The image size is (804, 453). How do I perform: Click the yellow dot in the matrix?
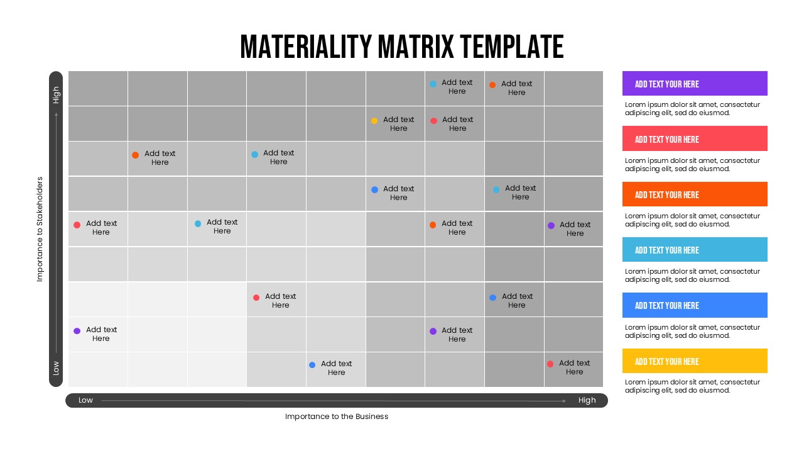(374, 121)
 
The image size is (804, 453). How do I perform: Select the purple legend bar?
(695, 84)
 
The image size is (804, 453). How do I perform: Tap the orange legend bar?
(695, 194)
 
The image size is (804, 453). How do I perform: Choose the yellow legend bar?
(695, 361)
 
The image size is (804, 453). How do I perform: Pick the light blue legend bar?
(695, 250)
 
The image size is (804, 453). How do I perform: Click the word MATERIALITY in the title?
(306, 47)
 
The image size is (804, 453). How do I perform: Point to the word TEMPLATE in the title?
(511, 47)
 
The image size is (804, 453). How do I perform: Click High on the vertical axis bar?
(56, 95)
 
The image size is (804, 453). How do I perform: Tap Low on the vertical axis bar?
(56, 368)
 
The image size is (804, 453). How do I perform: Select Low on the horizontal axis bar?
(85, 400)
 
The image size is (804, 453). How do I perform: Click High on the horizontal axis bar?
(587, 400)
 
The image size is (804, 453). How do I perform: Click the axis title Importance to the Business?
(337, 417)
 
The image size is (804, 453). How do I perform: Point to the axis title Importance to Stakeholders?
(40, 229)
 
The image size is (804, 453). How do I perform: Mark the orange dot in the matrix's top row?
(492, 85)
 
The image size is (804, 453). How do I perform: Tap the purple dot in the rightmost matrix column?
(551, 225)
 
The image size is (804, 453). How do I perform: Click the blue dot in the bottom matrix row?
(312, 365)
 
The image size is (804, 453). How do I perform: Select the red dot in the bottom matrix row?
(550, 364)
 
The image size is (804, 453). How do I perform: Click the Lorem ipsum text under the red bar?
(692, 164)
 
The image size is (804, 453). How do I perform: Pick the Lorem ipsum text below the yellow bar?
(692, 386)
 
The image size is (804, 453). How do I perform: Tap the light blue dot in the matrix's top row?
(433, 84)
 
